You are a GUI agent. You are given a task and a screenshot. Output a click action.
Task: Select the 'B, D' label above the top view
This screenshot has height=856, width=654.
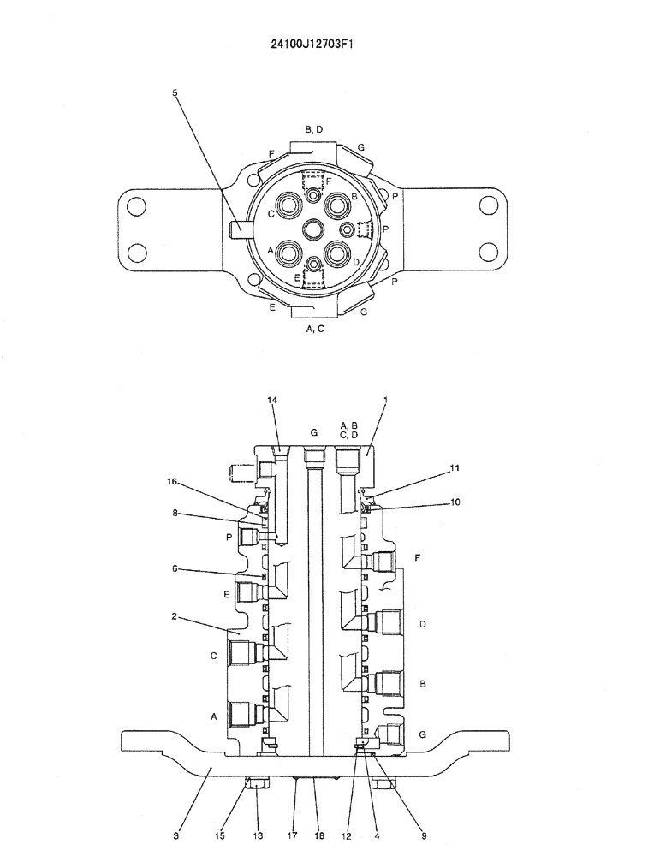[313, 129]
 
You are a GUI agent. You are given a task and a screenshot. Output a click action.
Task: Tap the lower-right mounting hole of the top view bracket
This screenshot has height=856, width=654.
[489, 252]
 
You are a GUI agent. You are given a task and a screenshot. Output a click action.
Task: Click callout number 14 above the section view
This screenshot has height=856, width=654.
[273, 400]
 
